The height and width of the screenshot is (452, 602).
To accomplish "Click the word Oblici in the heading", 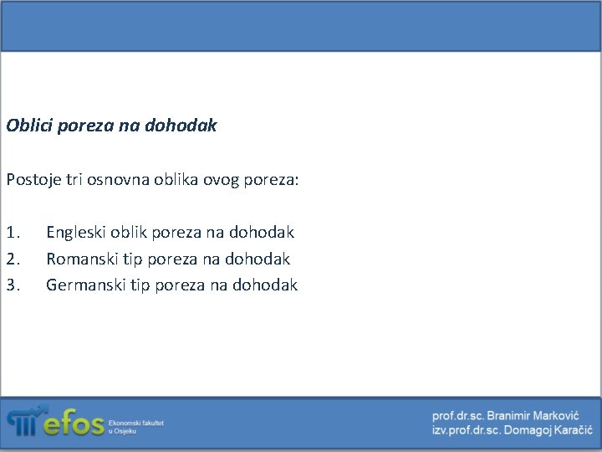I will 27,126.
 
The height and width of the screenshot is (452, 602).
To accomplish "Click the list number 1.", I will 12,232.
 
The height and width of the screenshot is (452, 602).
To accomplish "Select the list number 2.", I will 12,259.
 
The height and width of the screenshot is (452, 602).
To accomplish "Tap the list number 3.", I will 12,285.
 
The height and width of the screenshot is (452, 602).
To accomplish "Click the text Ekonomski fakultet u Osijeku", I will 135,427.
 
